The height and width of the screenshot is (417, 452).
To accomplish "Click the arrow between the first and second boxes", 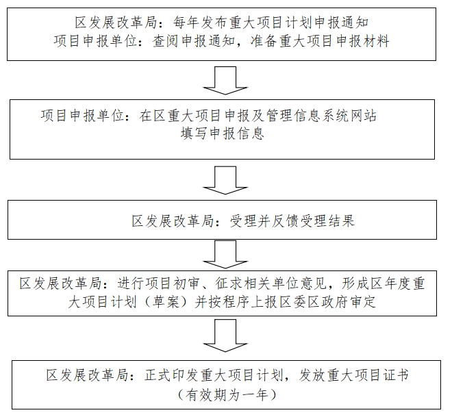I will [x=223, y=79].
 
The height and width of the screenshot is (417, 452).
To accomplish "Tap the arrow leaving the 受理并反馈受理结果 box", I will [x=223, y=255].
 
